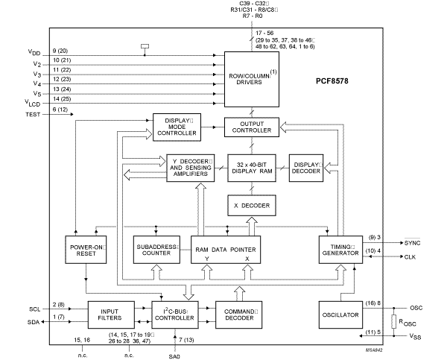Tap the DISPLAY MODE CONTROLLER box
[174, 127]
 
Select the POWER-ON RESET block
[86, 250]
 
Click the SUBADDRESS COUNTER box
[155, 250]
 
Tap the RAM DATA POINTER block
[226, 250]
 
